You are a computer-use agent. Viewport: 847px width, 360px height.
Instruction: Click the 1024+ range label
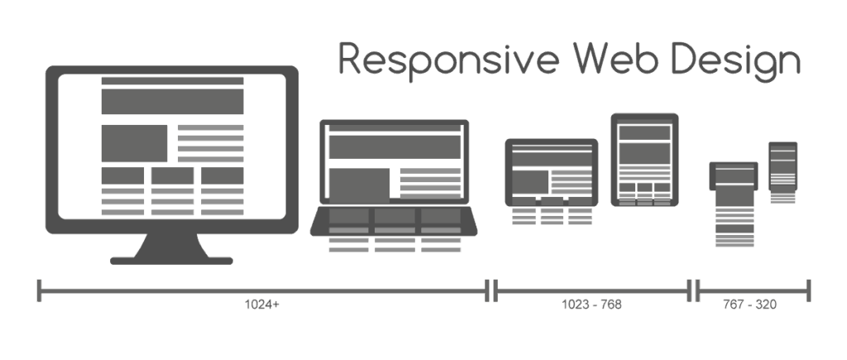click(262, 305)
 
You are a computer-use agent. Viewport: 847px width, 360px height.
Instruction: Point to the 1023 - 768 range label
click(591, 305)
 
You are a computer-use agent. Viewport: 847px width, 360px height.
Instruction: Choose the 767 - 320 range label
click(749, 305)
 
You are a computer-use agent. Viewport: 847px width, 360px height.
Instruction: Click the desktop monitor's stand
click(171, 249)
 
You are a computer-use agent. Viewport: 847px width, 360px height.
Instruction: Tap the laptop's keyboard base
click(394, 222)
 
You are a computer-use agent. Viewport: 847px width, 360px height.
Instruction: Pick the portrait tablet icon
click(644, 160)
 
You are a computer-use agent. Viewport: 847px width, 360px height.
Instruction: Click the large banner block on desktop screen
click(172, 102)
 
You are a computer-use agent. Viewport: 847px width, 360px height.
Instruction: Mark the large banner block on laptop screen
click(395, 147)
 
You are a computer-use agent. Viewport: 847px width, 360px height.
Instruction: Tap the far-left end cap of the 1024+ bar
click(39, 290)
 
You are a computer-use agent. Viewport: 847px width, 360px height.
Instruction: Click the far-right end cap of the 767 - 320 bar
click(809, 290)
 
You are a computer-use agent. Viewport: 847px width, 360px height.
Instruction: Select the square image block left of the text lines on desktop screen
click(135, 143)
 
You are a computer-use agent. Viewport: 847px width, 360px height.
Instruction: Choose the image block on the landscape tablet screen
click(530, 181)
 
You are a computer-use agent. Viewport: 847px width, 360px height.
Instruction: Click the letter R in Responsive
click(349, 58)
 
